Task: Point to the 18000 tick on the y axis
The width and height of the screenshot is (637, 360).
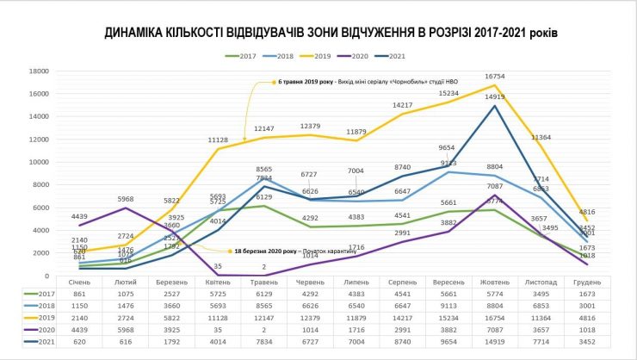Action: click(36, 71)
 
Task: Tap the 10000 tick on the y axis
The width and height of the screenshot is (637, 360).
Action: click(36, 162)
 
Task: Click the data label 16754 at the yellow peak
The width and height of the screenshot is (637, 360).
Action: click(494, 77)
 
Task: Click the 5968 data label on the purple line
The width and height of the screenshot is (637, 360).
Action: click(127, 201)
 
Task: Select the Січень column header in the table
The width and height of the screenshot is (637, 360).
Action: click(77, 281)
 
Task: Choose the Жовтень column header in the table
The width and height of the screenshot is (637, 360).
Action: click(494, 281)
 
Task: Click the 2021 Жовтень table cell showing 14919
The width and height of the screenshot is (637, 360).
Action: click(494, 342)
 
